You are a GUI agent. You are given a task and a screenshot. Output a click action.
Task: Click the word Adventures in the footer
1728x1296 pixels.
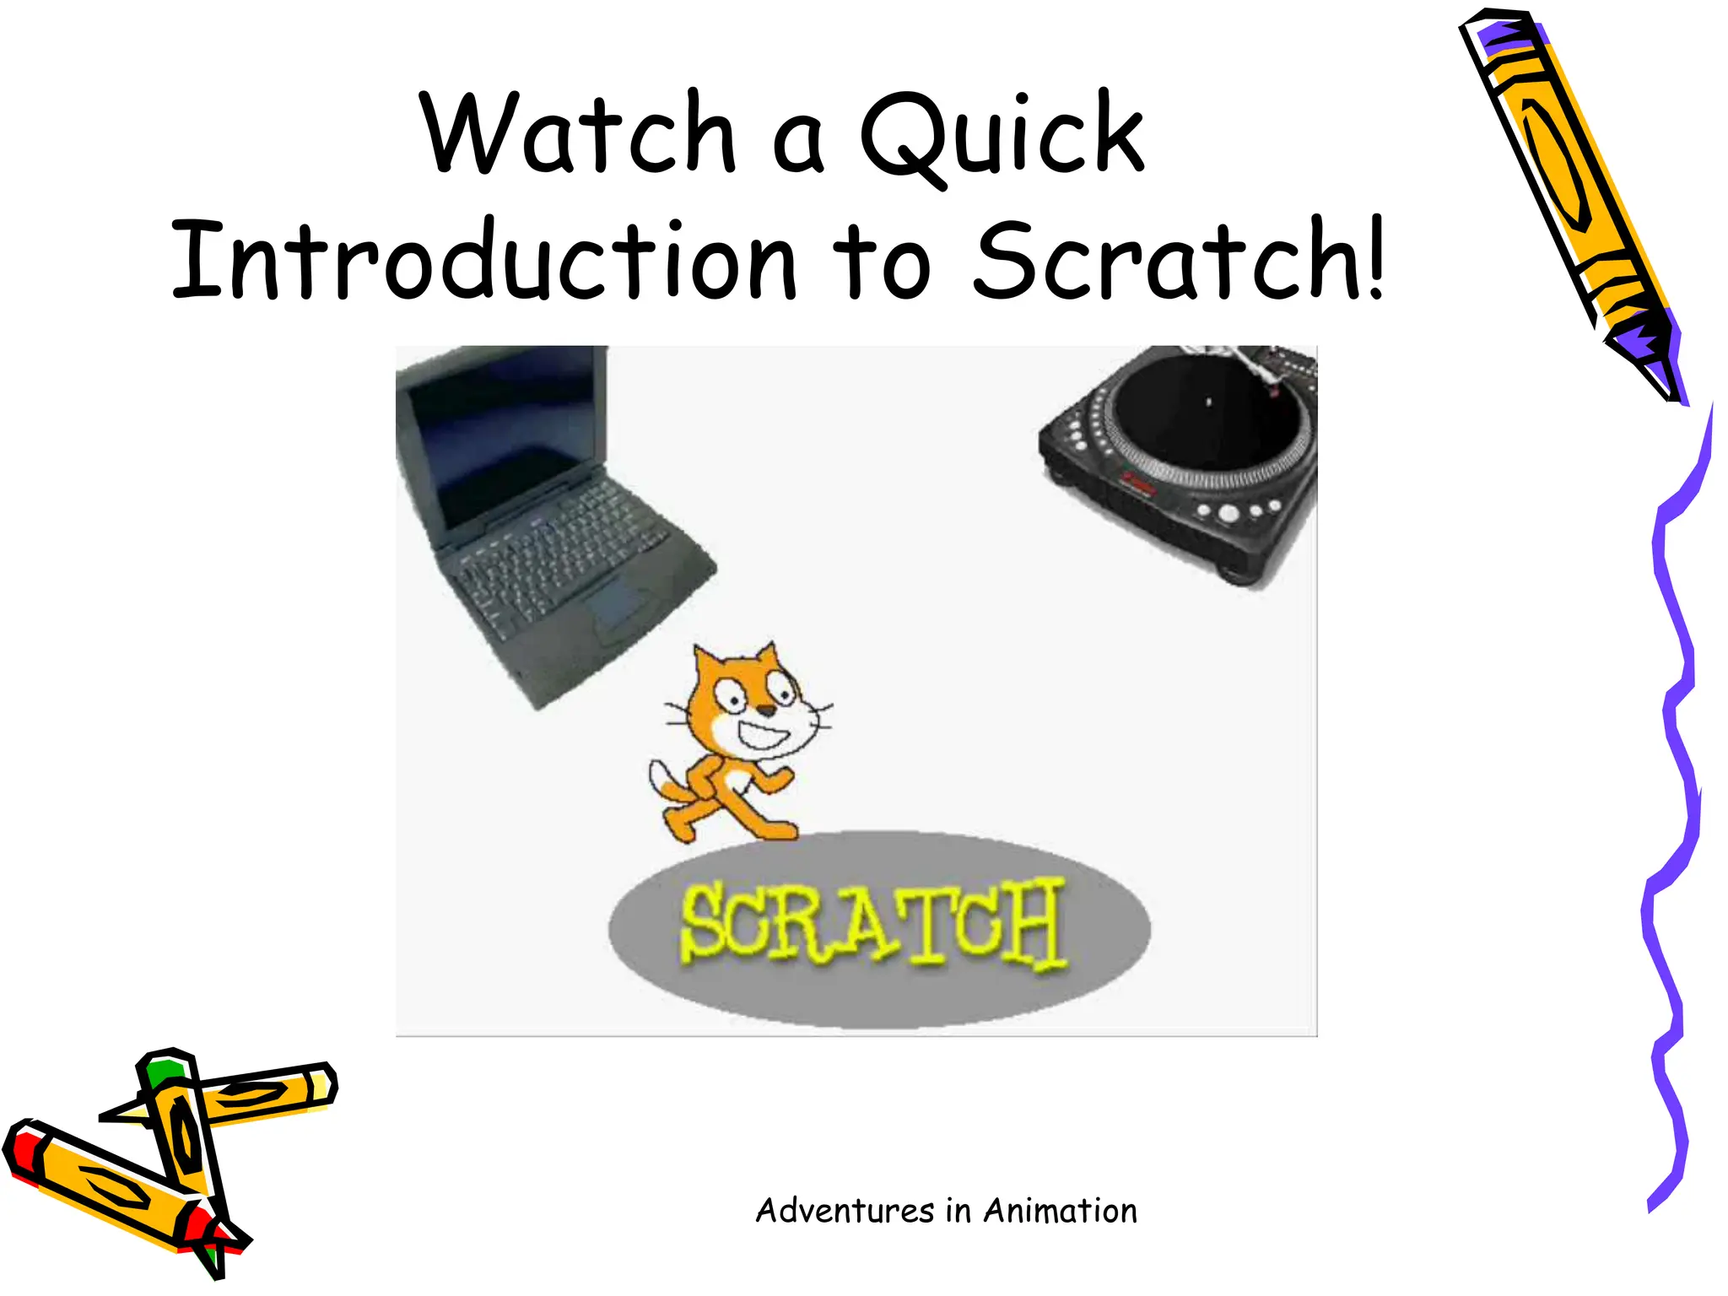[x=845, y=1211]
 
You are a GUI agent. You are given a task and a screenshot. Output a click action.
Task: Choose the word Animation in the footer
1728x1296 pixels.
[x=1060, y=1211]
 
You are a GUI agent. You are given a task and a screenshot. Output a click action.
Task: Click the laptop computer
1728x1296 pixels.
[x=540, y=523]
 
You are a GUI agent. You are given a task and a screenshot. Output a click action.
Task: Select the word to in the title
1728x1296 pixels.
[x=882, y=262]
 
